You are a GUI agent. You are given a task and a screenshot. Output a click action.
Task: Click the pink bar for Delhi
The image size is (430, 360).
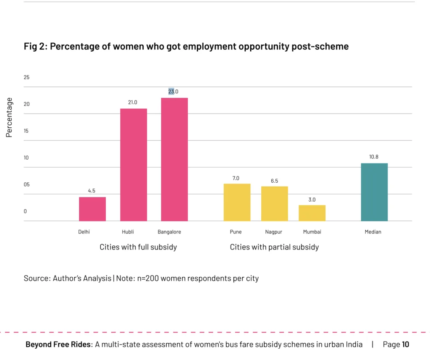coord(92,209)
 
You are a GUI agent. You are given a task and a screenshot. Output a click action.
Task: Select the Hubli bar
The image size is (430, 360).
coord(134,165)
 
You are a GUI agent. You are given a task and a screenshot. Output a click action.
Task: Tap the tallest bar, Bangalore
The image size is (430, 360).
coord(174,159)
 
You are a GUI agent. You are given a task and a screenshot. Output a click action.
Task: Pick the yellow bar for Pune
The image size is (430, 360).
coord(237,202)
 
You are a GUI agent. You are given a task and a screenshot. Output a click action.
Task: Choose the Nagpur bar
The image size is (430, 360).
coord(274,203)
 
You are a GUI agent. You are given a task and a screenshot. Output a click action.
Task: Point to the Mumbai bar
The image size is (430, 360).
coord(312,213)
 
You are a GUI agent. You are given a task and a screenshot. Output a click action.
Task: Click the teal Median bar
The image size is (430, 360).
coord(374,192)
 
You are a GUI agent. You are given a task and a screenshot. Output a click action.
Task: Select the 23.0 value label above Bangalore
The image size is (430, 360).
coord(173,92)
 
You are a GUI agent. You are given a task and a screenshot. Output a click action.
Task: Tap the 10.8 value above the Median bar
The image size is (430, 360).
coord(374,157)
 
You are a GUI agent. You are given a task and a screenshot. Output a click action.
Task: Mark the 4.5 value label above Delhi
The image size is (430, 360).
coord(92,191)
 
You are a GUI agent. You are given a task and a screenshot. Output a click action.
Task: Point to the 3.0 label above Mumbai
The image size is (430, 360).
coord(312,200)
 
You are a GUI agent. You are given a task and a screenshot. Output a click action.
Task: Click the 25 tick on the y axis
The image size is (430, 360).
coord(26,77)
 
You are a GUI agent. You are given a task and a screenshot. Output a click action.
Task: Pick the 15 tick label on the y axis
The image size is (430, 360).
coord(26,131)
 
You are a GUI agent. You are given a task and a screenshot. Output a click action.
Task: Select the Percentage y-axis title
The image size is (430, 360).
coord(9,117)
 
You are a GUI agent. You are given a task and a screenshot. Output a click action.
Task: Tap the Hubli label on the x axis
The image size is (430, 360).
coord(128,232)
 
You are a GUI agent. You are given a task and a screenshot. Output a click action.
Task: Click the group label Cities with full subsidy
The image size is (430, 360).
coord(138,247)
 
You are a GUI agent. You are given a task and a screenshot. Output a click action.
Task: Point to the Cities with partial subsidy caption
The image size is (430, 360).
coord(274,247)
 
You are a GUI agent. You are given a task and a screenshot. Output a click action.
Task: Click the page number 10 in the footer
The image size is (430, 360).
coord(405,344)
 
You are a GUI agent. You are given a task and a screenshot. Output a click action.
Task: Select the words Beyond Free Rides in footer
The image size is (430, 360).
coord(58,344)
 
